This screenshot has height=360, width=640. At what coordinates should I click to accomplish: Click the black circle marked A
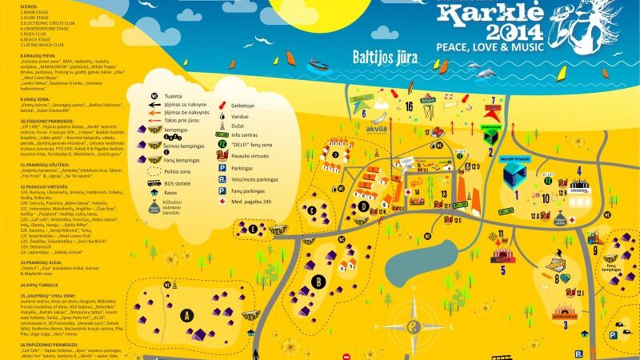(189, 314)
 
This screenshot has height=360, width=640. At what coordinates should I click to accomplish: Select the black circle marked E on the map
(254, 228)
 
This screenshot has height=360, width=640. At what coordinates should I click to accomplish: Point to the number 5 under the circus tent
(502, 270)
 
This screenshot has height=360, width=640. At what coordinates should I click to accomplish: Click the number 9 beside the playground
(595, 250)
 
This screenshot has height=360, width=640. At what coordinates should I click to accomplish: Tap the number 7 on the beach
(494, 101)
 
